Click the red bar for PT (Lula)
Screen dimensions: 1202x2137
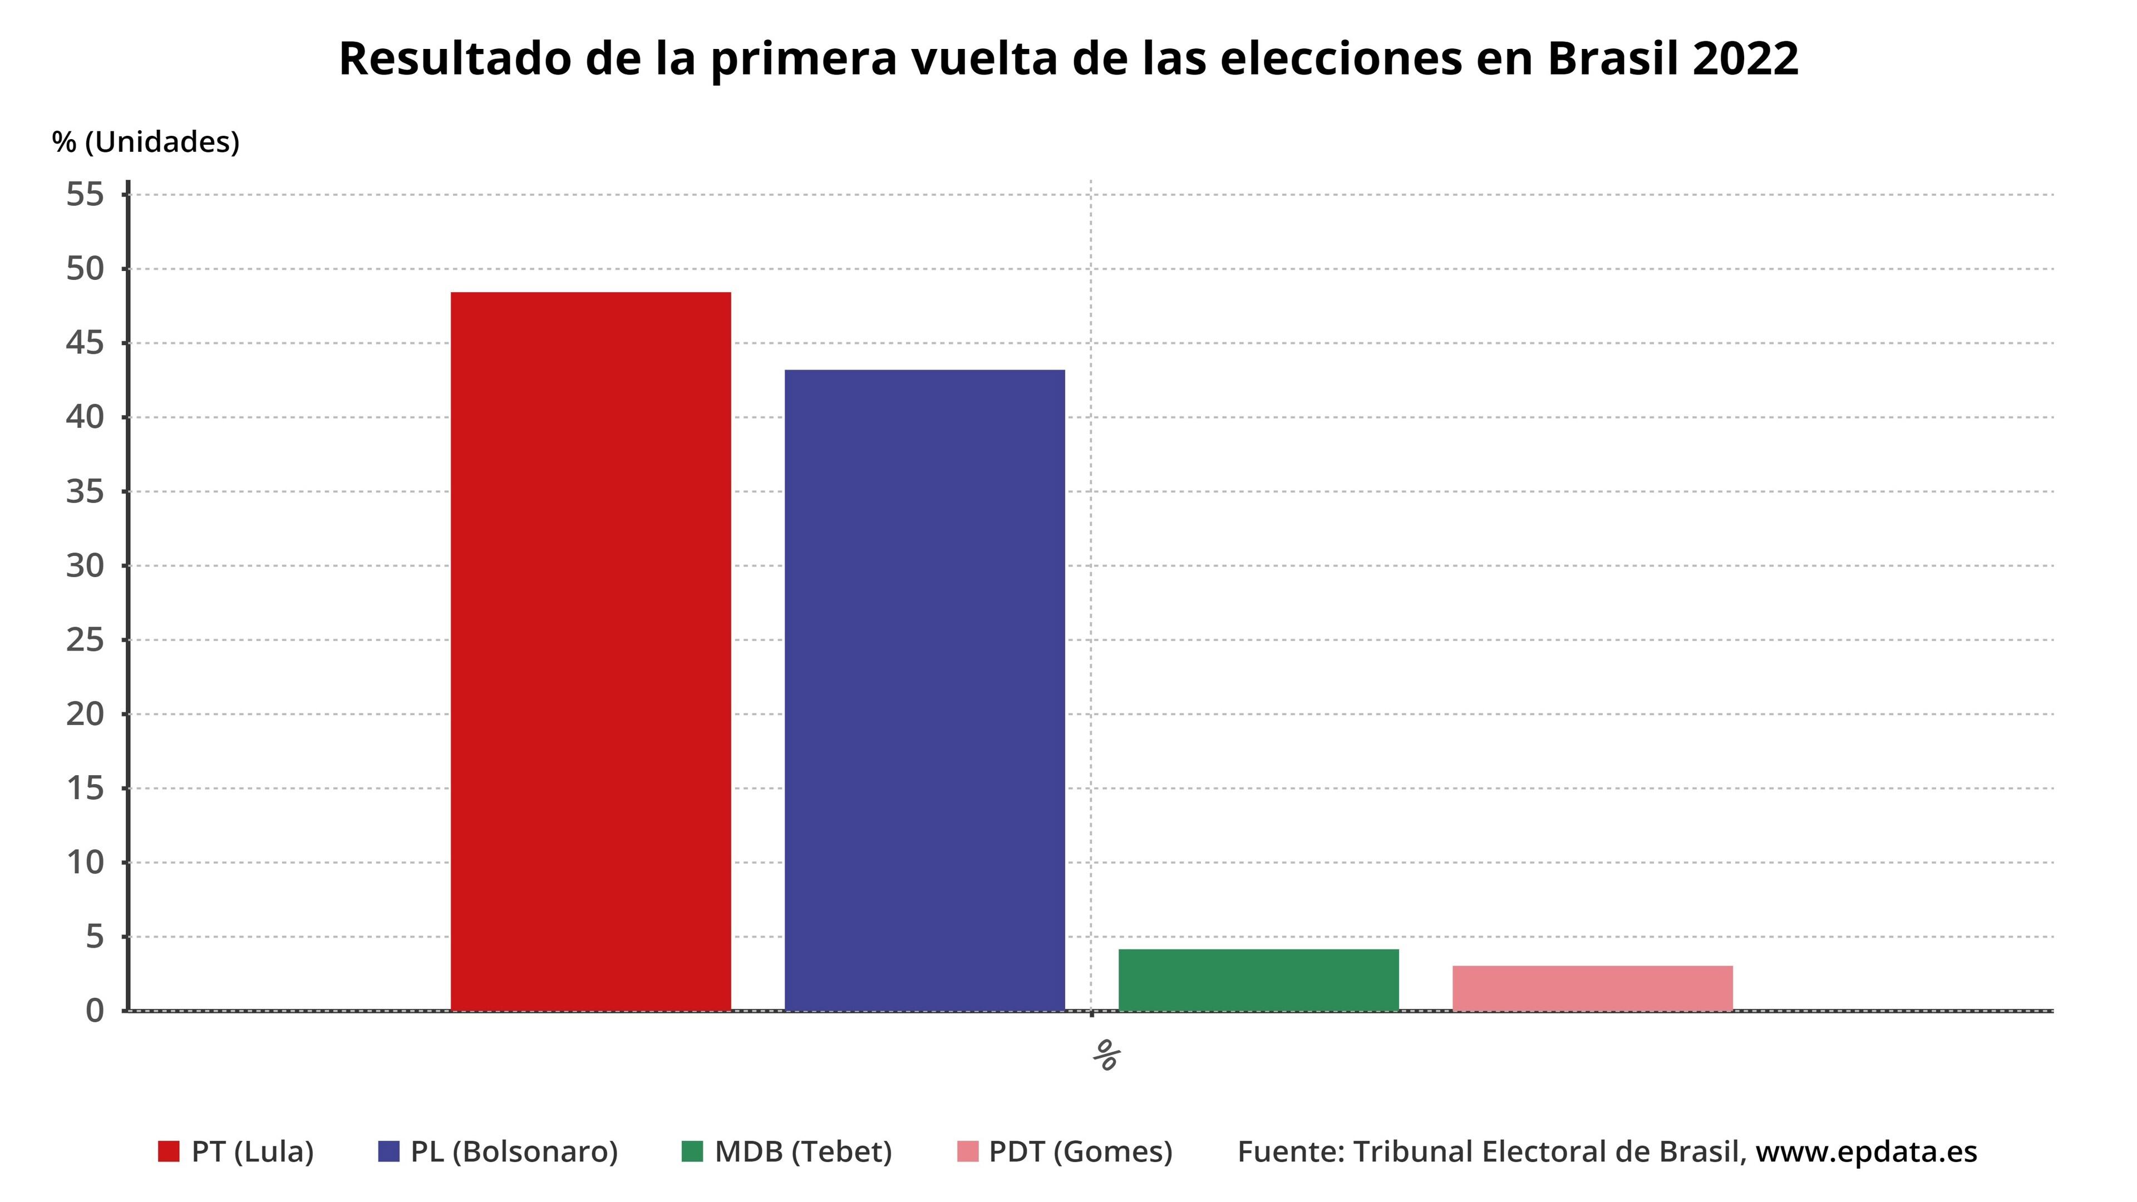(590, 651)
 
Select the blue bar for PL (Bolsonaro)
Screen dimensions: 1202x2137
(924, 689)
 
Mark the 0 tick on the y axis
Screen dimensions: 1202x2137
(95, 1011)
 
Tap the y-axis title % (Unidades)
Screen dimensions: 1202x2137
(145, 142)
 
